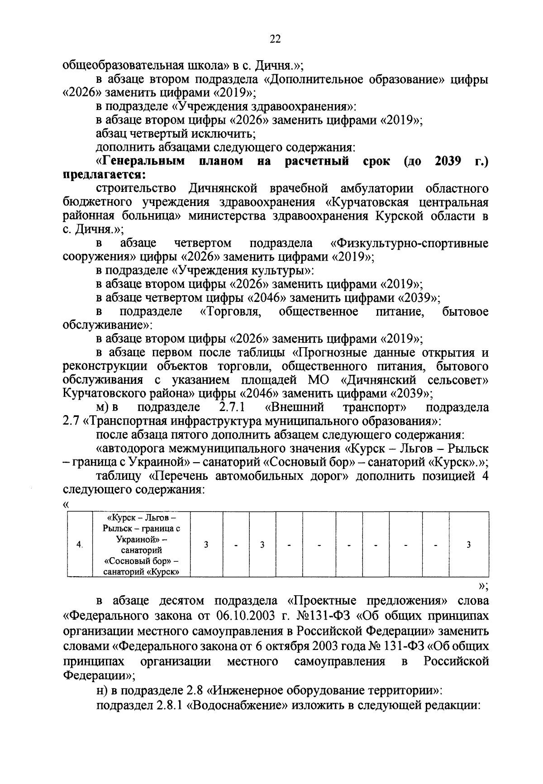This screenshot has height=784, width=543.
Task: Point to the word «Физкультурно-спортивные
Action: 410,243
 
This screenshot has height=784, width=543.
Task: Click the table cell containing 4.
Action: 80,545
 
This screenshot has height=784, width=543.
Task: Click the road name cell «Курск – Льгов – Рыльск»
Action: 141,545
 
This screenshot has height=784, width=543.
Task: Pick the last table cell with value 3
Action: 468,545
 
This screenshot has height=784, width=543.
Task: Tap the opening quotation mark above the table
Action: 67,504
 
